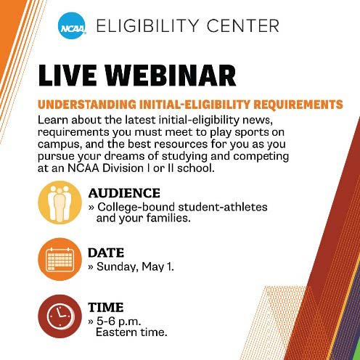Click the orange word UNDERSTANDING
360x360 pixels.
104,104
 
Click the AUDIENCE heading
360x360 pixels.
124,193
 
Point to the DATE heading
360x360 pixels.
106,253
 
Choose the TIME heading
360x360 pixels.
106,307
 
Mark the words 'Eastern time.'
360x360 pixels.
131,332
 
